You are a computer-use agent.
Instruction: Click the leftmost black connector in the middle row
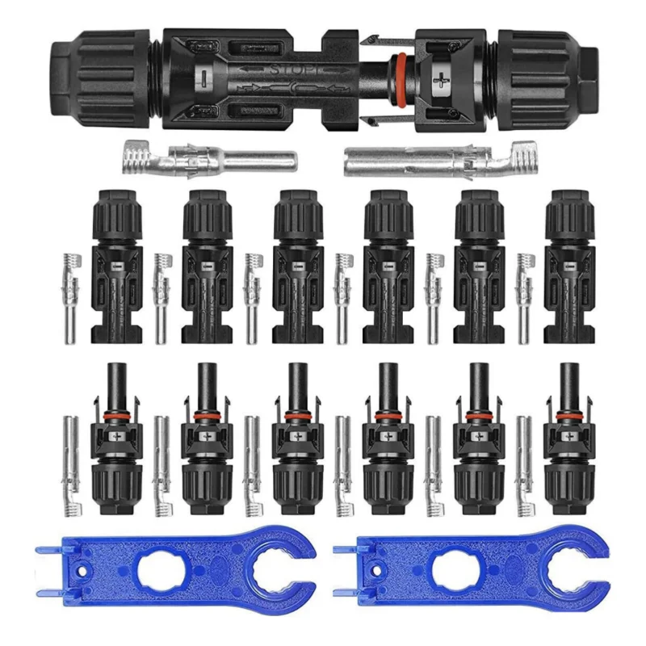point(116,267)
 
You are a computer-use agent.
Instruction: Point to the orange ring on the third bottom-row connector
point(298,418)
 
